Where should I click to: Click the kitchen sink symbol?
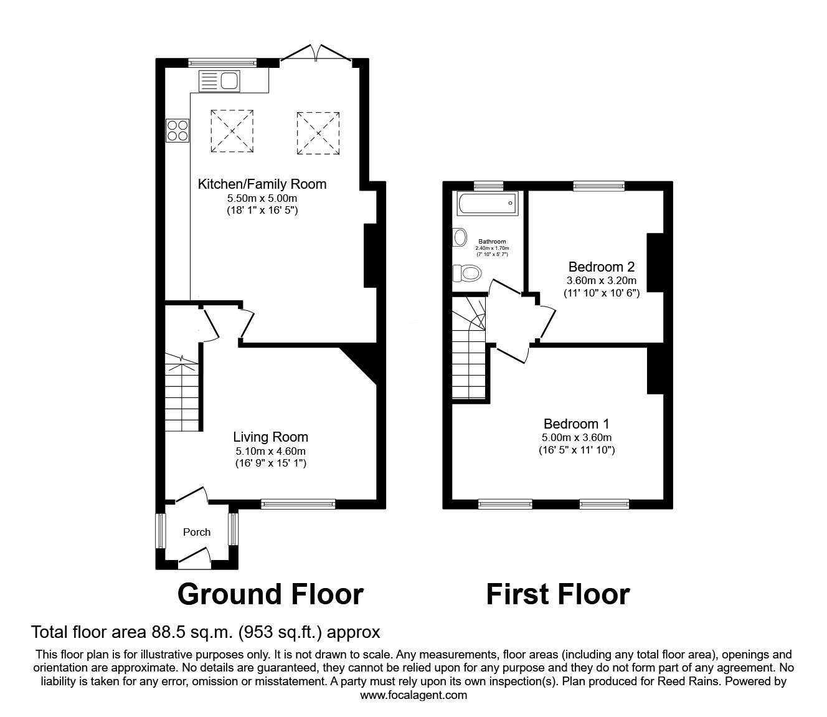click(219, 81)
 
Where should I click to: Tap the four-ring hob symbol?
click(177, 130)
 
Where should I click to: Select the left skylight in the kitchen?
click(232, 131)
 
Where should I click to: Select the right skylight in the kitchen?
click(318, 133)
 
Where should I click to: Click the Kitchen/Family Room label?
click(262, 184)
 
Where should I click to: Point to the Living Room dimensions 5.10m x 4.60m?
click(270, 451)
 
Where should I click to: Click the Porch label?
click(197, 532)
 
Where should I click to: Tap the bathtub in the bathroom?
click(486, 203)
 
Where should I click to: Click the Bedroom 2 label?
click(600, 267)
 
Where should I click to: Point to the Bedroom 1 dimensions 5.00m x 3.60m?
click(577, 437)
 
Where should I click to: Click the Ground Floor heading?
click(270, 594)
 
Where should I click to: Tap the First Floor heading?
click(557, 594)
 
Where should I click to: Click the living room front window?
click(298, 503)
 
